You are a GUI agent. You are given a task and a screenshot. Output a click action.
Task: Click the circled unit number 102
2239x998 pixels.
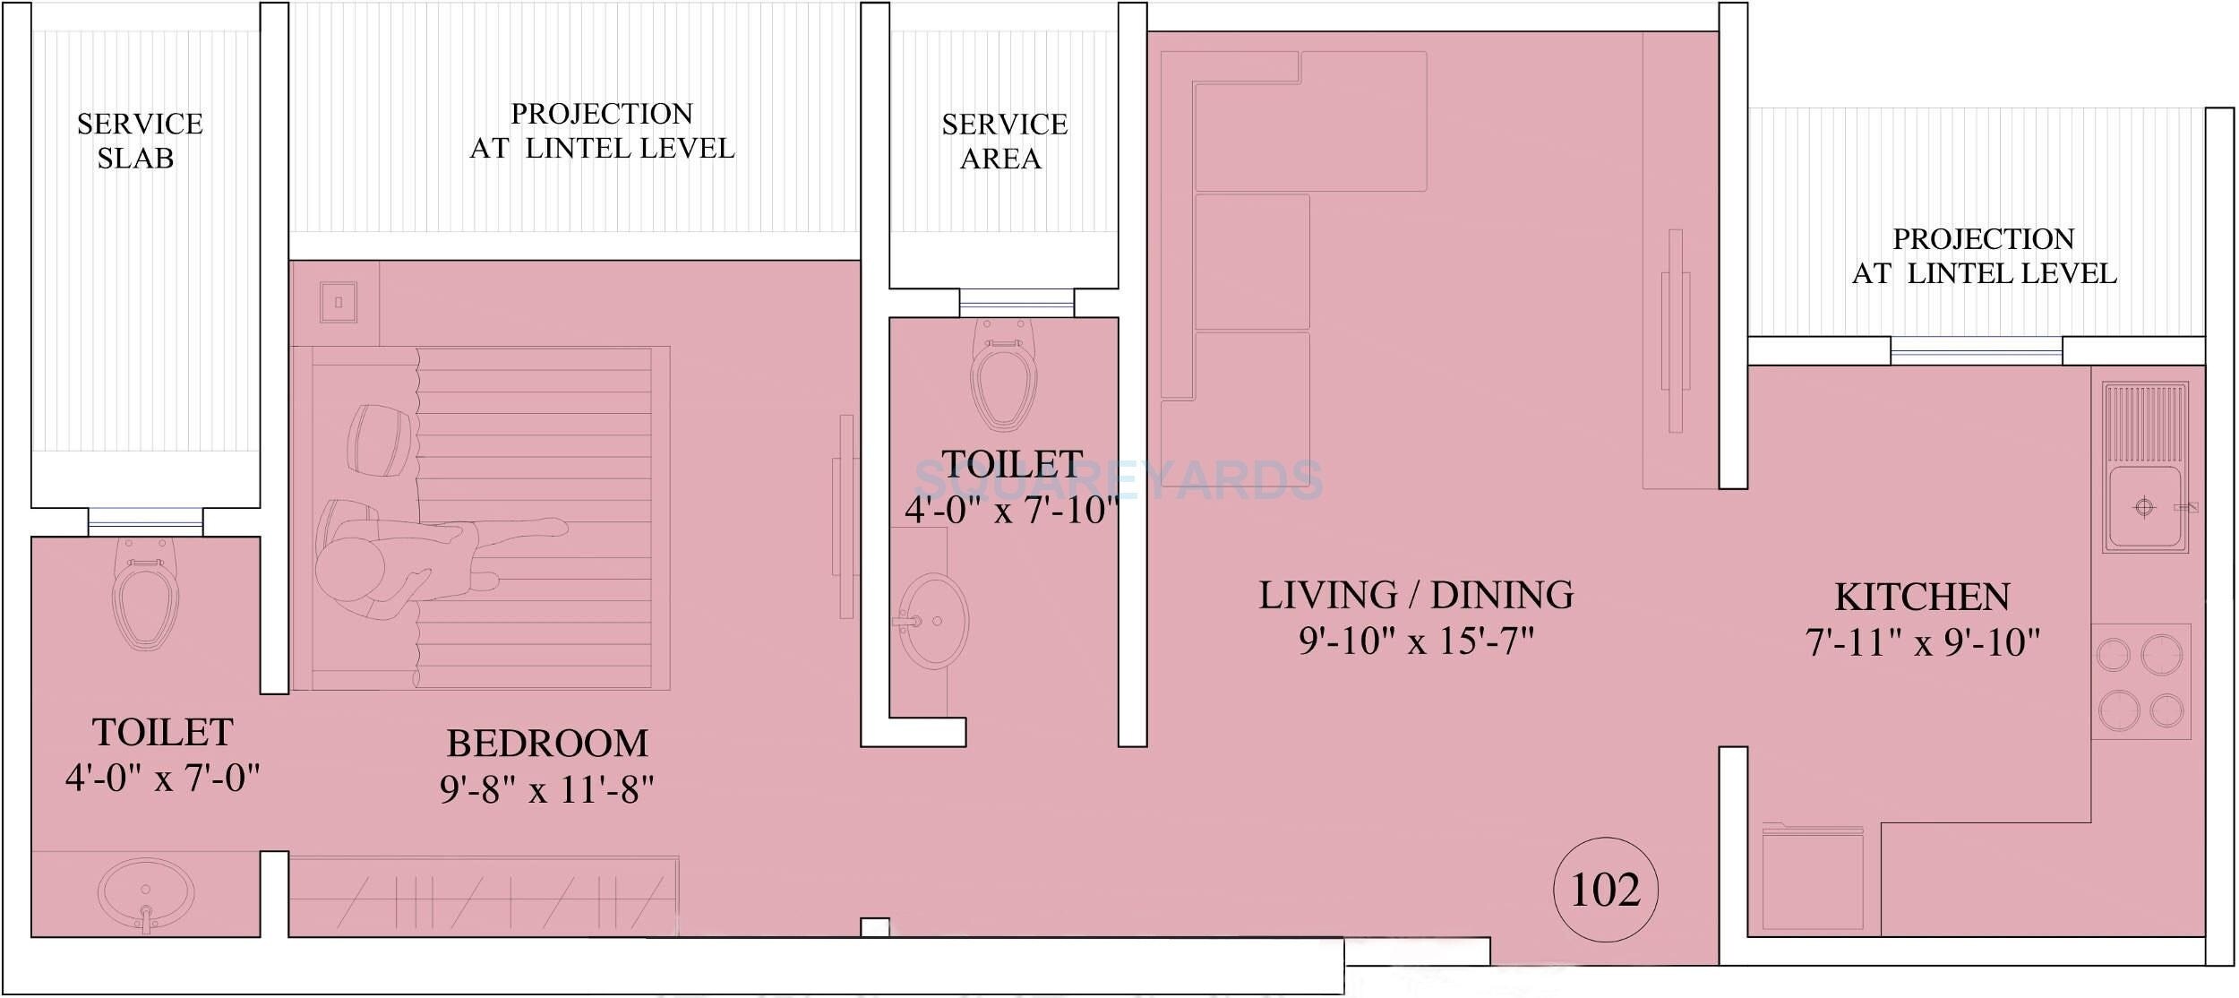(1605, 890)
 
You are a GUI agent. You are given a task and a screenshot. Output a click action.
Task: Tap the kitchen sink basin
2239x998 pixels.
(2144, 507)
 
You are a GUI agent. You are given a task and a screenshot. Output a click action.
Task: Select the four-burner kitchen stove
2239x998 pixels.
(2140, 682)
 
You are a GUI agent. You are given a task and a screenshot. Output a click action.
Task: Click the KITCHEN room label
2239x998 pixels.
(1922, 598)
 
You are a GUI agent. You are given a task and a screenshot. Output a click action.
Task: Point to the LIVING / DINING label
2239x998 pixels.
(1416, 596)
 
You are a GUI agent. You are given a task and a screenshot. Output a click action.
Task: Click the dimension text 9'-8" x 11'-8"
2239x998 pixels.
(546, 790)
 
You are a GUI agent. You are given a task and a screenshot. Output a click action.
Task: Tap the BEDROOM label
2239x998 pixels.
(547, 744)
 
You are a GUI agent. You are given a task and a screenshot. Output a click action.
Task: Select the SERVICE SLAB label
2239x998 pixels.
(139, 141)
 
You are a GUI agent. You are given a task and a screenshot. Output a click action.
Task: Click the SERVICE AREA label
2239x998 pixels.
(1004, 142)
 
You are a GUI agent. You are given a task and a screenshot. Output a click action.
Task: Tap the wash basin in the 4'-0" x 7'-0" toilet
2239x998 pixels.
(145, 893)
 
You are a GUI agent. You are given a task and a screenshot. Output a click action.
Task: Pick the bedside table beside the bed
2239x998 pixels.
(339, 303)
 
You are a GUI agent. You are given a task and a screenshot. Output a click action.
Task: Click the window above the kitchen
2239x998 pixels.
(1976, 350)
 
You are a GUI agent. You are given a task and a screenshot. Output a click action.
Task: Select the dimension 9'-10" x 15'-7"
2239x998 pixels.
(1416, 641)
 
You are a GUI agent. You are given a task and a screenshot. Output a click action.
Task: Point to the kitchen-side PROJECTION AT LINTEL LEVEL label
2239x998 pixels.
(1983, 256)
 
